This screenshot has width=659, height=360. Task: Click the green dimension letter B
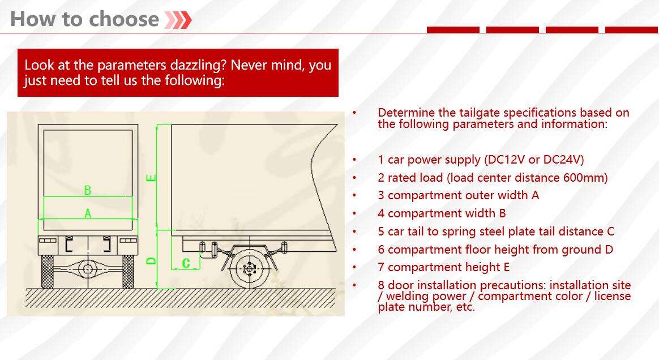click(x=87, y=190)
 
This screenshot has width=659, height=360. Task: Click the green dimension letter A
click(x=88, y=214)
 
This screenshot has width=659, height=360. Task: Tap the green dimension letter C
click(x=186, y=263)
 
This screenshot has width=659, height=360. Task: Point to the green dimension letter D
click(x=151, y=261)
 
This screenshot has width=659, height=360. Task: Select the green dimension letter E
click(x=151, y=178)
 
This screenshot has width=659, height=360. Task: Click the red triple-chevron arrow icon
click(x=178, y=20)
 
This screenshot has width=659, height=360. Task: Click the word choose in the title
click(x=124, y=19)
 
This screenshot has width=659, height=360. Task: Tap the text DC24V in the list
click(x=563, y=160)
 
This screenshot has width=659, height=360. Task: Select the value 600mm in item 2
click(x=585, y=178)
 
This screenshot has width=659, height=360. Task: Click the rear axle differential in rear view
click(x=88, y=268)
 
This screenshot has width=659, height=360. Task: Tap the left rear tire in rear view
click(x=48, y=272)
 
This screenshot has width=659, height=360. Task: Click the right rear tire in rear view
click(x=128, y=272)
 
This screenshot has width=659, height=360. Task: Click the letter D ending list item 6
click(x=609, y=250)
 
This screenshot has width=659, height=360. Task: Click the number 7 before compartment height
click(x=381, y=267)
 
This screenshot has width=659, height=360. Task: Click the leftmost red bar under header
click(x=453, y=30)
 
